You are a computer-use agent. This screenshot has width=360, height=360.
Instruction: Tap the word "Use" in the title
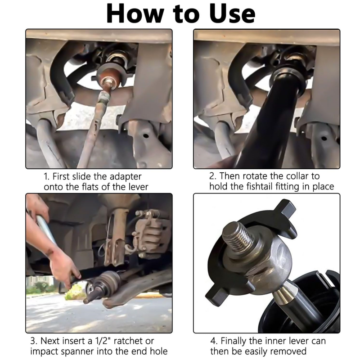[x=232, y=13]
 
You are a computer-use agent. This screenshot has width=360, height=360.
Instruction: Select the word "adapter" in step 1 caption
[x=126, y=177]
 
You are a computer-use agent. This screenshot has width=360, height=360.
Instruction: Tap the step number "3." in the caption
[x=34, y=341]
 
